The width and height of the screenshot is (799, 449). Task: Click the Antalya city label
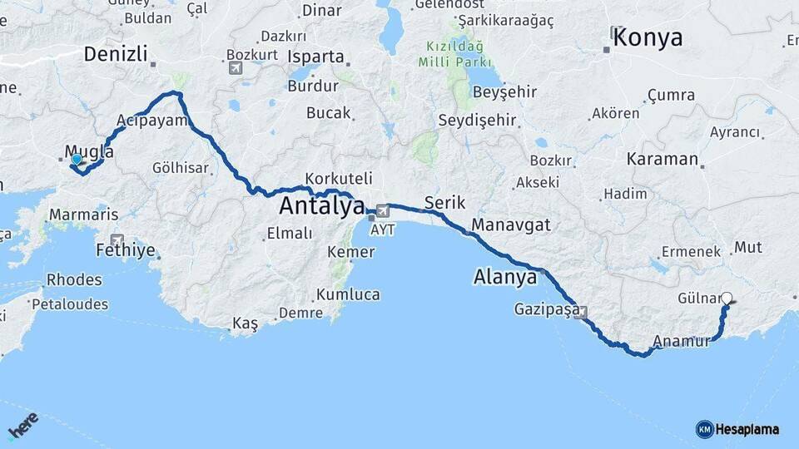point(322,205)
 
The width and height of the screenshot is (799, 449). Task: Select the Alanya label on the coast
point(504,276)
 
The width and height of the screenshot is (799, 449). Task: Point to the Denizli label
point(116,55)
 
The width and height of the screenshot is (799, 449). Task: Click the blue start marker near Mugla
point(77,159)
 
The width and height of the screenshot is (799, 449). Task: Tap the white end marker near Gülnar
point(727,298)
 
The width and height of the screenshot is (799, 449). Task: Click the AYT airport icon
point(383,210)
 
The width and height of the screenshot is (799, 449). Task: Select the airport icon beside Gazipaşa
point(581,313)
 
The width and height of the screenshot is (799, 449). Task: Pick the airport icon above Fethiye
point(117,239)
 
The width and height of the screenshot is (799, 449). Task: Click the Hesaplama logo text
point(747,429)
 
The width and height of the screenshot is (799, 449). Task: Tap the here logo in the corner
point(22,426)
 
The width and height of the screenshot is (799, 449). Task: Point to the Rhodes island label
point(74,280)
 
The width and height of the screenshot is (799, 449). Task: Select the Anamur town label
point(682,341)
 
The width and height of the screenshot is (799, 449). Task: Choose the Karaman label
point(663,159)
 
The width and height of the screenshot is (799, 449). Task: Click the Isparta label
point(315,57)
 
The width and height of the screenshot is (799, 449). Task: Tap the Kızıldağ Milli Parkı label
point(459,54)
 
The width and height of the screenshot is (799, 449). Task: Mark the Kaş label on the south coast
point(246,323)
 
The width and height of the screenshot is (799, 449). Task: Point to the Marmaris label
point(83,214)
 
